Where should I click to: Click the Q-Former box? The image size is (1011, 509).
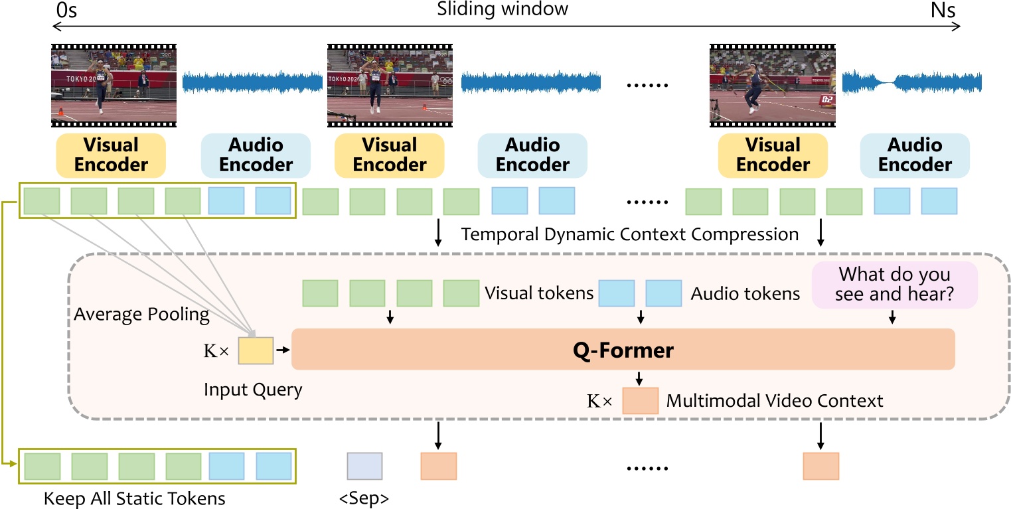pyautogui.click(x=622, y=349)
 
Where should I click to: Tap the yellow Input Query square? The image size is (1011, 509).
pyautogui.click(x=256, y=351)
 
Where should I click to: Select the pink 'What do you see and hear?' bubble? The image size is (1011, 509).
pyautogui.click(x=894, y=285)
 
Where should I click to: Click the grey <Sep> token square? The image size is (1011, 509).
pyautogui.click(x=364, y=466)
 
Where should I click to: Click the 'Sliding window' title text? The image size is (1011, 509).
pyautogui.click(x=503, y=9)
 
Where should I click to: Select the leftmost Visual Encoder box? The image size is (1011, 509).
pyautogui.click(x=111, y=155)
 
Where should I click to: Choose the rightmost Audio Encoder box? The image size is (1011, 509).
pyautogui.click(x=915, y=155)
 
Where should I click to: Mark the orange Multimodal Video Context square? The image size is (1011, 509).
pyautogui.click(x=640, y=401)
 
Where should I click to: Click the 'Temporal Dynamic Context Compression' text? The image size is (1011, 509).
pyautogui.click(x=630, y=234)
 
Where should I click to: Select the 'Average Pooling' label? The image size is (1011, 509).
pyautogui.click(x=141, y=315)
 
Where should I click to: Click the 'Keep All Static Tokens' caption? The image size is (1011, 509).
pyautogui.click(x=135, y=498)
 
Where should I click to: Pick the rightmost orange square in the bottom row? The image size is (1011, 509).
pyautogui.click(x=820, y=466)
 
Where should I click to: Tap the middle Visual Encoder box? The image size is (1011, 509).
pyautogui.click(x=389, y=155)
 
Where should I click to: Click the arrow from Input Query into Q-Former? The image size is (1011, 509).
pyautogui.click(x=282, y=350)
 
